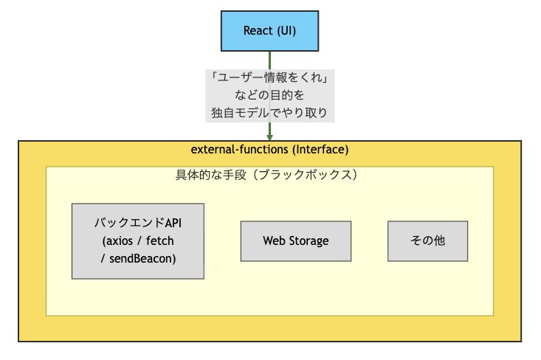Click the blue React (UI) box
click(x=270, y=31)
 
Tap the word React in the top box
click(x=258, y=31)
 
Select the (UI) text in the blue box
click(x=286, y=31)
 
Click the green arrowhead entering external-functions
click(x=270, y=138)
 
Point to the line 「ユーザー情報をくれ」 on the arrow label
click(x=270, y=77)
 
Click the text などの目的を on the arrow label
click(x=270, y=95)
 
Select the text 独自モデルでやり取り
click(x=270, y=113)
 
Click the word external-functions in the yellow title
click(x=239, y=150)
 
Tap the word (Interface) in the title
click(x=320, y=150)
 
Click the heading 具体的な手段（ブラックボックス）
click(x=266, y=175)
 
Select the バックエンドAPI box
click(x=138, y=241)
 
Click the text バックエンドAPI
click(x=138, y=223)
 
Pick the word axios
click(x=120, y=240)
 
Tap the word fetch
click(x=159, y=240)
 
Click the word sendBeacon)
click(x=142, y=259)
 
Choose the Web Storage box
click(x=296, y=241)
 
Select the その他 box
click(x=428, y=241)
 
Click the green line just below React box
click(x=270, y=60)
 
